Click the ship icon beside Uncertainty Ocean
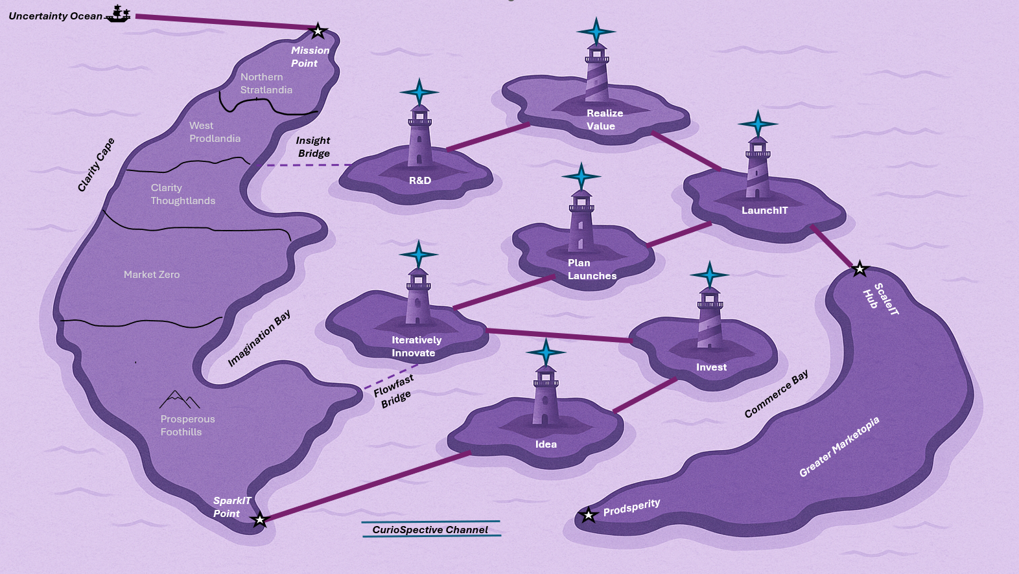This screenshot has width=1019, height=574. tap(118, 14)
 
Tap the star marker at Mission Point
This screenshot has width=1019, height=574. tap(318, 31)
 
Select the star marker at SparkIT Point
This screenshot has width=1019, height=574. tap(259, 520)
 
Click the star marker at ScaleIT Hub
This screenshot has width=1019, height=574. tap(860, 269)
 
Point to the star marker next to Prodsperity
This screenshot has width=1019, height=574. tap(588, 516)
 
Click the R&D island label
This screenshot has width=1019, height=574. tap(420, 181)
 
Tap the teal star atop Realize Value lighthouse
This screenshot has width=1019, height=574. tap(596, 30)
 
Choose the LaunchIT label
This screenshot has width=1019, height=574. tap(764, 211)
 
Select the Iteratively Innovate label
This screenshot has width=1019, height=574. tap(416, 347)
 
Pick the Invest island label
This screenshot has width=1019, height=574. tap(711, 367)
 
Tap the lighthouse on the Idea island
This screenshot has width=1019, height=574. tap(546, 395)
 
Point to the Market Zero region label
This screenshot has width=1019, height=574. tap(152, 275)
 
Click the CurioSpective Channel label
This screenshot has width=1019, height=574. tap(430, 530)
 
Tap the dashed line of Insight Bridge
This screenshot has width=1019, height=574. tap(308, 165)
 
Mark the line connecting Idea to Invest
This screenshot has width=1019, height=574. tap(645, 395)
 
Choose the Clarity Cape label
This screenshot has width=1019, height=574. tap(96, 165)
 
